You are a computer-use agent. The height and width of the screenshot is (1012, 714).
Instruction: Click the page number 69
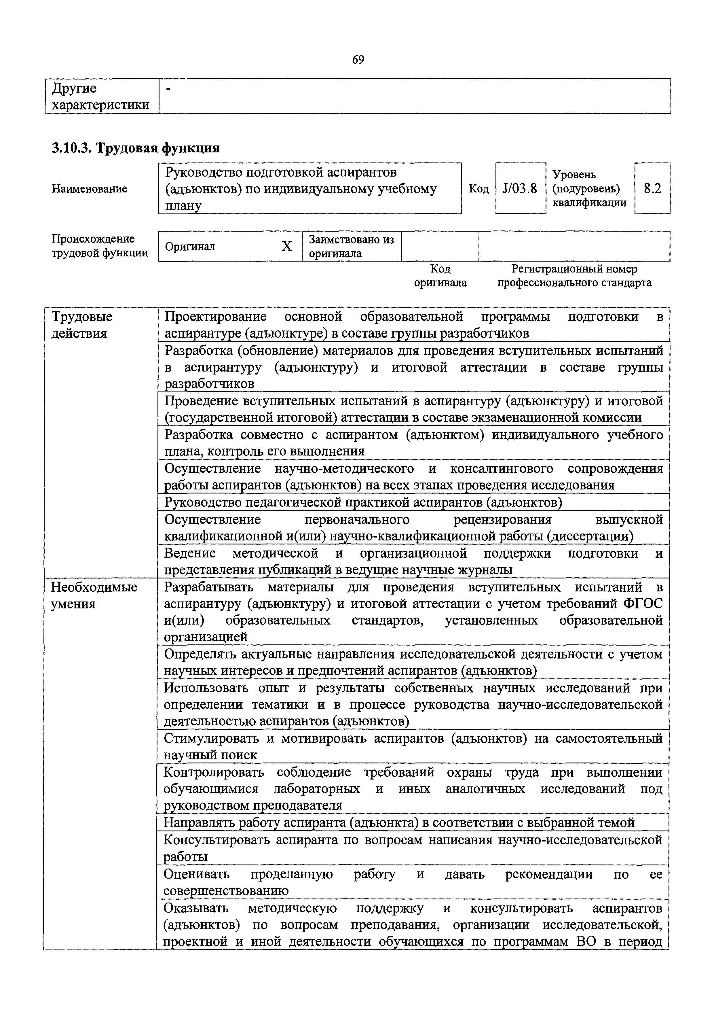click(358, 60)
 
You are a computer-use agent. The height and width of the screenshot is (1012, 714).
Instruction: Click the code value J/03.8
click(520, 189)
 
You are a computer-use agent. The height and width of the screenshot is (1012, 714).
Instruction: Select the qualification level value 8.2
click(652, 189)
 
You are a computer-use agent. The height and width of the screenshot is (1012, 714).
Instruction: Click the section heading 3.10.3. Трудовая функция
click(136, 148)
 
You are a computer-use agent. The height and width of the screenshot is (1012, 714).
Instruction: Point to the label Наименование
click(90, 189)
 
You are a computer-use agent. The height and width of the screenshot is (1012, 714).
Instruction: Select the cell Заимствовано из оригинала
click(351, 246)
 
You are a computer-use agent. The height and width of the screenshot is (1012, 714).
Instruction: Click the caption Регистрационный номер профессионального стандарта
click(574, 275)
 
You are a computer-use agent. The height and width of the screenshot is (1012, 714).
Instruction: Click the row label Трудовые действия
click(82, 325)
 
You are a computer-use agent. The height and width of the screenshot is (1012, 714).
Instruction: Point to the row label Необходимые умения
click(94, 595)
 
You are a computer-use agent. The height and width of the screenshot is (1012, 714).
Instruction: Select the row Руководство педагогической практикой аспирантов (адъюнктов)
click(363, 502)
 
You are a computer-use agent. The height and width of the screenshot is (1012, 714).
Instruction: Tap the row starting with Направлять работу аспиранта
click(399, 822)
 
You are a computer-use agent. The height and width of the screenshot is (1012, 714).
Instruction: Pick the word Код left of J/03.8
click(479, 189)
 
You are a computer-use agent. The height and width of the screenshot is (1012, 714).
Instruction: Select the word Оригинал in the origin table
click(190, 246)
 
